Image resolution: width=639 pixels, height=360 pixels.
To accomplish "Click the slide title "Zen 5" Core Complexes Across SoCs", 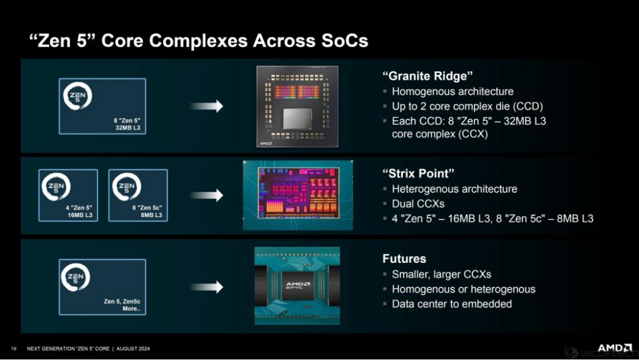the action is [198, 41].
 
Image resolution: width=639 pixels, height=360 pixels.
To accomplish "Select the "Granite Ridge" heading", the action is [428, 76].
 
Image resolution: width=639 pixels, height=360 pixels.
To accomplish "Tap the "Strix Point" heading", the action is [418, 173].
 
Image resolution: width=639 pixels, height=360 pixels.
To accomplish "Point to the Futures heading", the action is [404, 259].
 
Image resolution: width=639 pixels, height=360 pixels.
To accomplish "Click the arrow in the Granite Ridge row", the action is [206, 106].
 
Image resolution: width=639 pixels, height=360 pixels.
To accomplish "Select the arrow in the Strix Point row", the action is [206, 195].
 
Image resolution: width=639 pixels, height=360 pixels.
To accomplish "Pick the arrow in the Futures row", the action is [206, 287].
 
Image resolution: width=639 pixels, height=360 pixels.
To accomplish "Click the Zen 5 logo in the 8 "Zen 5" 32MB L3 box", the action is [78, 97].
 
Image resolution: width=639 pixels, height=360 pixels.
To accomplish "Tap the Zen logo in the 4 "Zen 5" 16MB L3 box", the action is [56, 187].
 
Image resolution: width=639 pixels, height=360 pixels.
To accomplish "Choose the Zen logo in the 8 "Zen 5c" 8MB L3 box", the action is [127, 187].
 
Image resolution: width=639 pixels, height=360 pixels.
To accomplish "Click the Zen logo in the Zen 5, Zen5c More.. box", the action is [75, 277].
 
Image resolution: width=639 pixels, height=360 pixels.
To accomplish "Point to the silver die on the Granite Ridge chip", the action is [297, 119].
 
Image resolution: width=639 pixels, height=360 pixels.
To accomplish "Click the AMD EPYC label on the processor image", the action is [298, 285].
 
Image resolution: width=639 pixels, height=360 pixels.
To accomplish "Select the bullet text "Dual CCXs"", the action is [418, 204].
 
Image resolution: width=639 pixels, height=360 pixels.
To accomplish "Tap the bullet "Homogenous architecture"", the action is [453, 91].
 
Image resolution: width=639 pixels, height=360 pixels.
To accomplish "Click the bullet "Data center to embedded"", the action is [452, 304].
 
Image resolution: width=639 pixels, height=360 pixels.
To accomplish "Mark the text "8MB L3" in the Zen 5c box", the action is [151, 215].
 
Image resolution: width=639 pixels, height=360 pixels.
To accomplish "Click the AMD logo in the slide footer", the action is [615, 348].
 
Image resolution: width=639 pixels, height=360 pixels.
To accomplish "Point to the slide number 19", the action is [14, 349].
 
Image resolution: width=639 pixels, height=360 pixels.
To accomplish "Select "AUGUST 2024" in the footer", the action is [133, 349].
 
